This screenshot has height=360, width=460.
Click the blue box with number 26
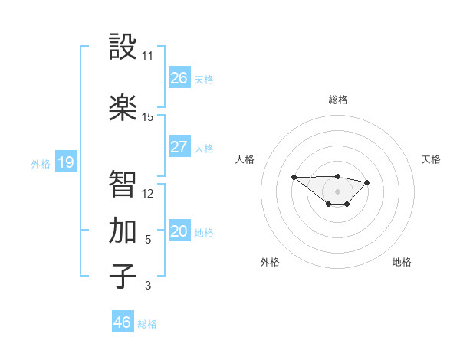click(x=179, y=78)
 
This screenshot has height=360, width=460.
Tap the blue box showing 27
click(x=179, y=147)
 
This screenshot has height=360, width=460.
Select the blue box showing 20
click(x=179, y=231)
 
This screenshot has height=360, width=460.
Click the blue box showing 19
click(x=66, y=162)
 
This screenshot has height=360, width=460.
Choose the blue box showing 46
click(x=122, y=322)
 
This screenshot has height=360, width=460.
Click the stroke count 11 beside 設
click(x=147, y=56)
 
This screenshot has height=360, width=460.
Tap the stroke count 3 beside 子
click(x=147, y=286)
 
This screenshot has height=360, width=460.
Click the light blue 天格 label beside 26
click(x=204, y=80)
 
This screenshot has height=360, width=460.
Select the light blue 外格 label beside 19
click(x=41, y=163)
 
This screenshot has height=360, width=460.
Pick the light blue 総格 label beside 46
click(x=147, y=324)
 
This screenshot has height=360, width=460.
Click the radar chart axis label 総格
click(x=337, y=100)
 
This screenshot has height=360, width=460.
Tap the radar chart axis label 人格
click(x=245, y=159)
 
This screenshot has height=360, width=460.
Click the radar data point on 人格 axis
click(x=294, y=177)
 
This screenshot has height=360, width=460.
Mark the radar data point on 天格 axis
click(x=367, y=182)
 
